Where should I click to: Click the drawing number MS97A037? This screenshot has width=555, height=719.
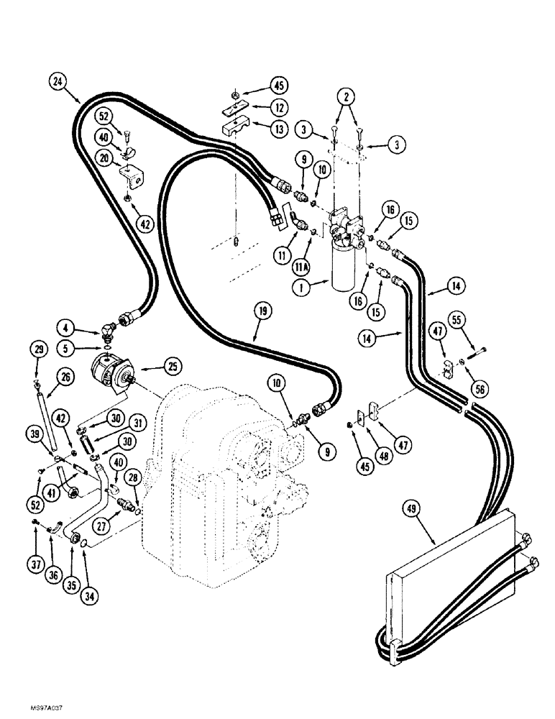coord(26,708)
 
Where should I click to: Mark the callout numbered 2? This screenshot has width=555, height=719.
coord(347,95)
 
